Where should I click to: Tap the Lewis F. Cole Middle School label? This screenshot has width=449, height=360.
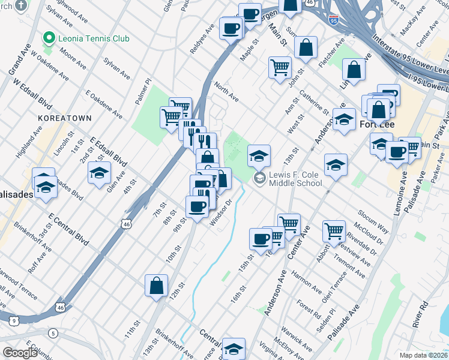point(295,179)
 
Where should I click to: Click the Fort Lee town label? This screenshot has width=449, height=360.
point(375,125)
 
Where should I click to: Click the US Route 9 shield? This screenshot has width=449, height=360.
point(13,321)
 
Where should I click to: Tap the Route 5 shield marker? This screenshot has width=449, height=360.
point(53,333)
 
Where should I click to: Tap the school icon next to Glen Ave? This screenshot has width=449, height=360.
point(99,173)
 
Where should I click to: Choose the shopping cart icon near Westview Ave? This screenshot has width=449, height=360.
point(334,230)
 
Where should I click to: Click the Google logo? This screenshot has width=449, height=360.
point(20,353)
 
